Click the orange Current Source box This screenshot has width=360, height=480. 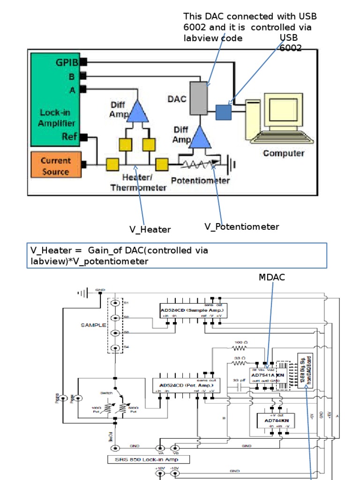click(55, 165)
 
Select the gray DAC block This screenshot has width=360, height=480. click(198, 98)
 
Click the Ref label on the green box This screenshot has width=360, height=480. click(69, 136)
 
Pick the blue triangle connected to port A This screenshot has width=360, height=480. click(137, 112)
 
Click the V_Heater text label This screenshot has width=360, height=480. click(150, 229)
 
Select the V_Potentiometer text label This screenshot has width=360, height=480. click(241, 227)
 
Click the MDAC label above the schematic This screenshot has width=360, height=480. click(271, 277)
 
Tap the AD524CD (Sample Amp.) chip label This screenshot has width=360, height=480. click(192, 310)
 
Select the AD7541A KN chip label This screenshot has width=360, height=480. click(267, 375)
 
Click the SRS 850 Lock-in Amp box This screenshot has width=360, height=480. click(149, 459)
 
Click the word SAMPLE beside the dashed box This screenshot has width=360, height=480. click(94, 325)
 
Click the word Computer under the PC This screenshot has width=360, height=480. click(284, 153)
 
